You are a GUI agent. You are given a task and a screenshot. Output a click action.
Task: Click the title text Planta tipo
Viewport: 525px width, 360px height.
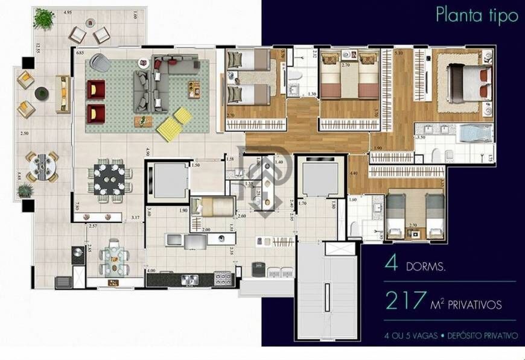tap(477, 16)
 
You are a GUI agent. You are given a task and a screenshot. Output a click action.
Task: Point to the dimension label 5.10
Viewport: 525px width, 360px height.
tap(398, 54)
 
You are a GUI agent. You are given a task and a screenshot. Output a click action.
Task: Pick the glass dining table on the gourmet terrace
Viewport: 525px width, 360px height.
tap(113, 258)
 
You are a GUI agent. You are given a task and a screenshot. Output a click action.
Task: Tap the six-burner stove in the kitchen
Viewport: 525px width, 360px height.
tap(223, 279)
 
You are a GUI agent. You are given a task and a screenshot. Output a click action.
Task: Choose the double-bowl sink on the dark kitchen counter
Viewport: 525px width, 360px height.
tap(191, 279)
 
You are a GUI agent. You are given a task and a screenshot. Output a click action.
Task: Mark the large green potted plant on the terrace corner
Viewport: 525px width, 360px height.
tap(43, 19)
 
